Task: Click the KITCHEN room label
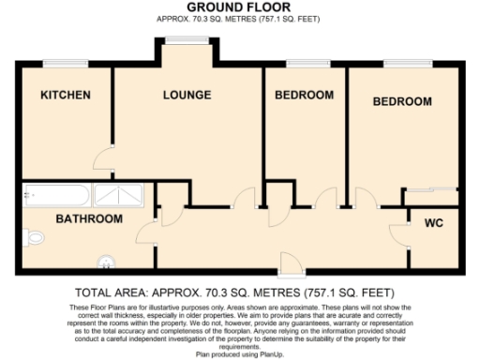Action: coord(65,95)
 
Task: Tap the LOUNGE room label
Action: coord(187,95)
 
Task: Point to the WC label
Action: coord(434,223)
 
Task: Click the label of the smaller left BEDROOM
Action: coord(304,95)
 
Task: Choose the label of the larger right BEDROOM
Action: coord(401,100)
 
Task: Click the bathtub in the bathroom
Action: coord(54,196)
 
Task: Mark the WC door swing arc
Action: coord(398,232)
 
